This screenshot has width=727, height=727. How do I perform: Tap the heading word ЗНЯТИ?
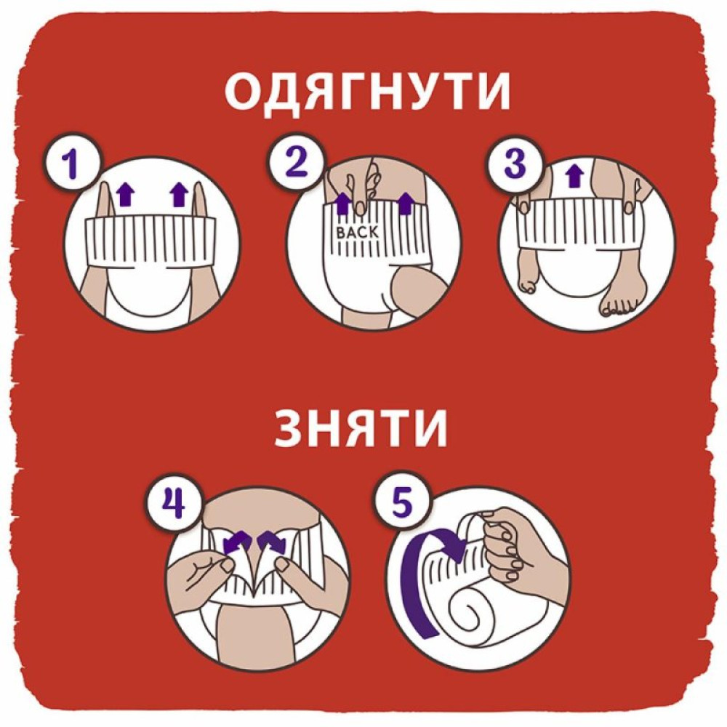pos(361,429)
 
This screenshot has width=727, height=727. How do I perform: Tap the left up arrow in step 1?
pos(126,193)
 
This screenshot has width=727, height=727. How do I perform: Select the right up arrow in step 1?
pos(179,193)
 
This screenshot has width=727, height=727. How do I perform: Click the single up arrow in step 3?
pos(574,175)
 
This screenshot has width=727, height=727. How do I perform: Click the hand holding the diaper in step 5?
pos(516,553)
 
